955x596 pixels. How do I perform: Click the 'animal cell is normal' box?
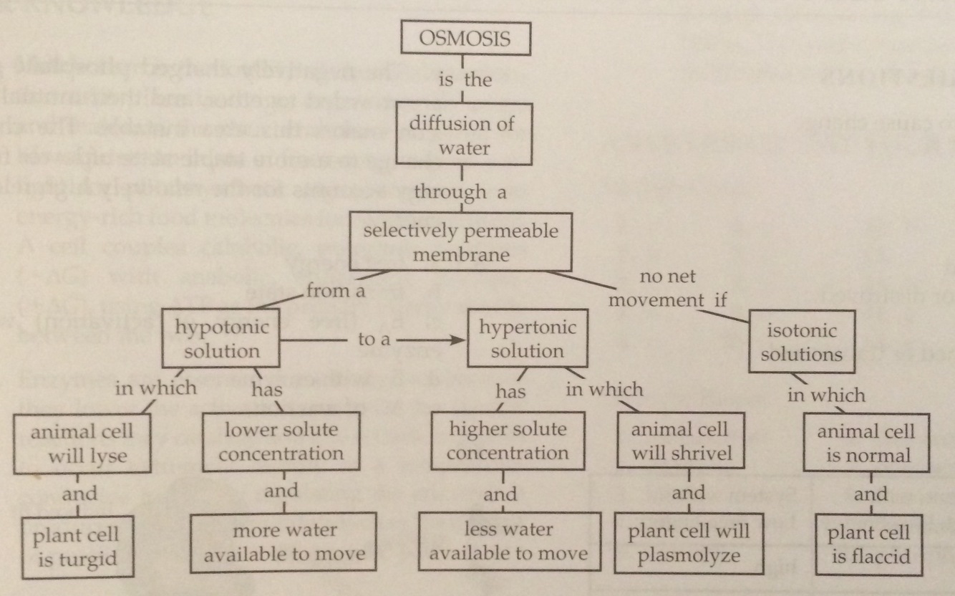point(866,443)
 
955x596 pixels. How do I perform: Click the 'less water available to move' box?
point(508,542)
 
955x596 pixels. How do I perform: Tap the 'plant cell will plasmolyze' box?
point(689,542)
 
